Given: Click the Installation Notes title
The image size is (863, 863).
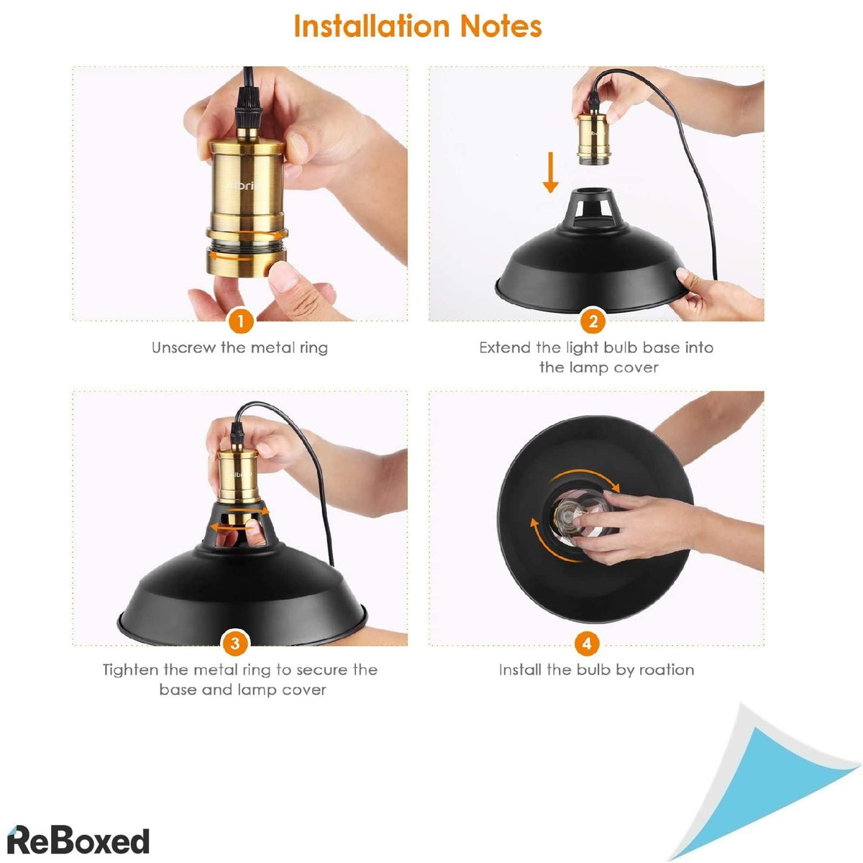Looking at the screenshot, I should [x=417, y=27].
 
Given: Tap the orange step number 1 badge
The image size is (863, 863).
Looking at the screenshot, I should [x=241, y=321].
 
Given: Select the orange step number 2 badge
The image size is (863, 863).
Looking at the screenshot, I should [x=593, y=321].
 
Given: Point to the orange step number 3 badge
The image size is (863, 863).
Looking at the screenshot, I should [x=235, y=642].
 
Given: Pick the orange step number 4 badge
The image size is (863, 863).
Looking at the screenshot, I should [x=587, y=642].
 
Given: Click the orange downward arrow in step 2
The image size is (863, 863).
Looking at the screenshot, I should [x=550, y=173].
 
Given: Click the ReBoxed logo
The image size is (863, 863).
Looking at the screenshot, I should [x=78, y=840].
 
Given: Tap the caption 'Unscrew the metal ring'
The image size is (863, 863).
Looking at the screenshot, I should [x=239, y=348].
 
